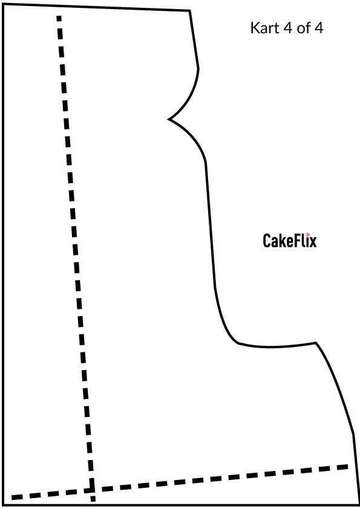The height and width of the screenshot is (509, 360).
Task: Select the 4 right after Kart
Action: pyautogui.click(x=287, y=28)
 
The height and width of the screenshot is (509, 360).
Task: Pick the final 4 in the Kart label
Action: pyautogui.click(x=318, y=28)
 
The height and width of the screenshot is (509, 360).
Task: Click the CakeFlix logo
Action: pyautogui.click(x=289, y=240)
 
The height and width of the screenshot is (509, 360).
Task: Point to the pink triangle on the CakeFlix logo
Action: pyautogui.click(x=309, y=235)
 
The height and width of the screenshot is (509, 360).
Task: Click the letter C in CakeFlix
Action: pyautogui.click(x=267, y=241)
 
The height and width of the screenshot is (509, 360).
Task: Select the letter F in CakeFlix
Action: pyautogui.click(x=291, y=241)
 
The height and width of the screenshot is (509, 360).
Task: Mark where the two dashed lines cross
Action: pyautogui.click(x=91, y=489)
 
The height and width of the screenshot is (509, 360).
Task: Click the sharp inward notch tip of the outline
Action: pyautogui.click(x=168, y=119)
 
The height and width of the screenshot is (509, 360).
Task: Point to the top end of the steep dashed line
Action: pyautogui.click(x=59, y=16)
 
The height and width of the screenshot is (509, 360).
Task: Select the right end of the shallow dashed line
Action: pyautogui.click(x=348, y=467)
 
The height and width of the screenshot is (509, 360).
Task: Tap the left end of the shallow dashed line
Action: pyautogui.click(x=12, y=498)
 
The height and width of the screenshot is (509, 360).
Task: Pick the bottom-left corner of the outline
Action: pyautogui.click(x=3, y=505)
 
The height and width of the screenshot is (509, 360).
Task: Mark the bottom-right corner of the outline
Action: pyautogui.click(x=358, y=505)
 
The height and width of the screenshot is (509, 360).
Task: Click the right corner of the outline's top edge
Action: pyautogui.click(x=189, y=11)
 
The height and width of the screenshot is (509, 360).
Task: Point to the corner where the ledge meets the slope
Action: pyautogui.click(x=316, y=343)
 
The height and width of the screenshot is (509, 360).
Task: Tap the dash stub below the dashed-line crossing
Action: pyautogui.click(x=93, y=498)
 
